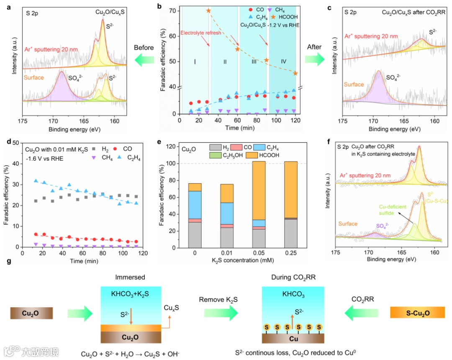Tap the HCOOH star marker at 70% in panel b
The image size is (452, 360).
[x=208, y=10]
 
